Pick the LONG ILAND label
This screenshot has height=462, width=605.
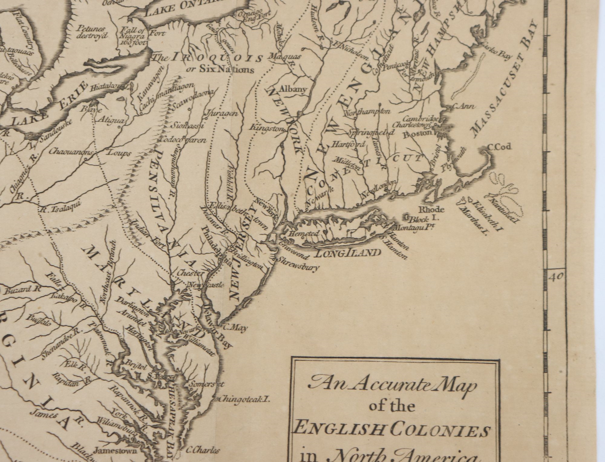click(348, 253)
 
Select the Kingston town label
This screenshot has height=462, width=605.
click(267, 128)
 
